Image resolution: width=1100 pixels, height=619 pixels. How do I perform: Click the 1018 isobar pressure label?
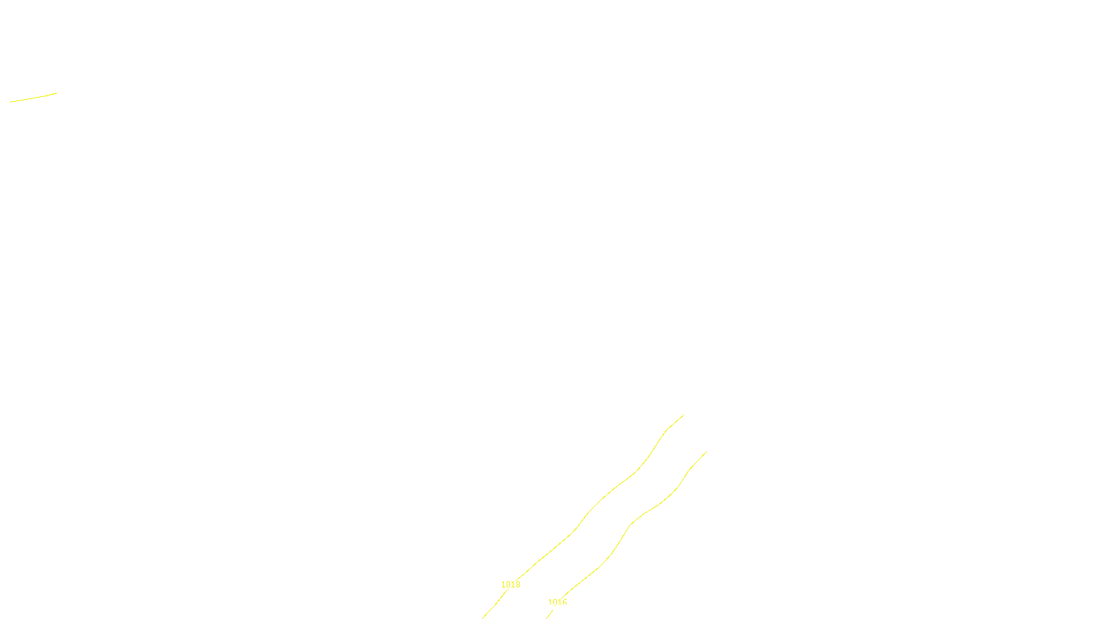(511, 585)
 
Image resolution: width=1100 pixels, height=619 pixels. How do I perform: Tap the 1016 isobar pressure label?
(558, 602)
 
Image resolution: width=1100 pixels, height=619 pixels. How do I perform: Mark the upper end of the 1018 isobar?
(683, 415)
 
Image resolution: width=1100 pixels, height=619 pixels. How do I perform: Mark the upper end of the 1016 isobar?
(706, 452)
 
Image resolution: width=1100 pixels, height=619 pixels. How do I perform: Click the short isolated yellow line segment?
(33, 98)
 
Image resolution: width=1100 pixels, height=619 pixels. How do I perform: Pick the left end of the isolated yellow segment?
(10, 102)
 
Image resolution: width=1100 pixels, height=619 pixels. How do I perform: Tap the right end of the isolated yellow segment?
(56, 94)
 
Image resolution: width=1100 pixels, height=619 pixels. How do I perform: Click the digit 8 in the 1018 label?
(518, 585)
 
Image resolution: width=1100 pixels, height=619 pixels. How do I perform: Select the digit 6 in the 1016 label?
(564, 602)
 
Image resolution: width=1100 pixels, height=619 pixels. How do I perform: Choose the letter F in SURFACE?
(550, 607)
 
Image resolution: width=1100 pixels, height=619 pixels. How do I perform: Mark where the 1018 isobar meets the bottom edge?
(483, 618)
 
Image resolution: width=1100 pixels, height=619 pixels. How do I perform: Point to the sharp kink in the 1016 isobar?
(630, 525)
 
